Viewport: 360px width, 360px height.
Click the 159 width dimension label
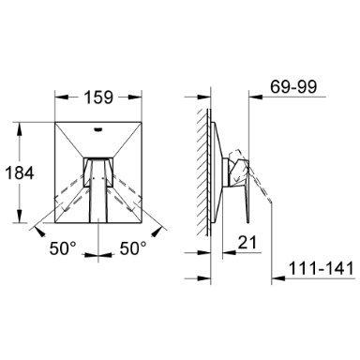pos(98,97)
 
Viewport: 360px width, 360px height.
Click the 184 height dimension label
pos(19,172)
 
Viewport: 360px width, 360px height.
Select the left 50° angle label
pos(63,248)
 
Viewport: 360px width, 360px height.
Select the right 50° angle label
pos(133,248)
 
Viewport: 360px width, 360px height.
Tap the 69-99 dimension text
pos(293,86)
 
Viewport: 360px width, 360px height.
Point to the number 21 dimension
pos(247,242)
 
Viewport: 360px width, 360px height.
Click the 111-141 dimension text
pos(322,268)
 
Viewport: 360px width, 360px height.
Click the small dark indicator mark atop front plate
pos(98,127)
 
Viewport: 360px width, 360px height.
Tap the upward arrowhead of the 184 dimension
pos(20,129)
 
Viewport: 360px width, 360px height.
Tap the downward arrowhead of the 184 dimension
pos(20,216)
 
